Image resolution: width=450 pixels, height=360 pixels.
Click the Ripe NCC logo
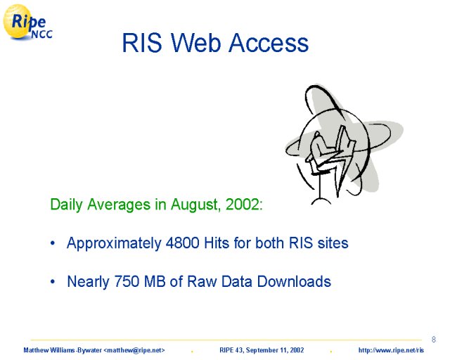(x=27, y=22)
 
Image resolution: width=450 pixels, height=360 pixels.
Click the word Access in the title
(x=269, y=43)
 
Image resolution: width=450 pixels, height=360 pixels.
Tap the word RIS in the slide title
(x=142, y=43)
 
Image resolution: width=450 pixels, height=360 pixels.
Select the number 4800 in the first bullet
(x=183, y=243)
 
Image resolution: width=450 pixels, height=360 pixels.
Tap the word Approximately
(x=114, y=243)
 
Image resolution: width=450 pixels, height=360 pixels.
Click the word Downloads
(x=294, y=281)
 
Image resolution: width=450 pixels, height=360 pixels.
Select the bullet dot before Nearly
(x=53, y=282)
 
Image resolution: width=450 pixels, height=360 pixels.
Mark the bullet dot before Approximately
(x=53, y=243)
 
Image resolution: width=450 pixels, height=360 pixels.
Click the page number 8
(x=434, y=340)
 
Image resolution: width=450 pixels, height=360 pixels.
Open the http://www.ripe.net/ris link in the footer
(x=391, y=350)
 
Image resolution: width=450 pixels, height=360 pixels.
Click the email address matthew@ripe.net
(x=134, y=350)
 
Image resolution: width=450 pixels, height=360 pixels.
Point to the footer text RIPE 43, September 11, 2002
(x=262, y=350)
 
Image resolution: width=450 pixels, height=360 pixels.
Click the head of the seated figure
(x=317, y=135)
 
